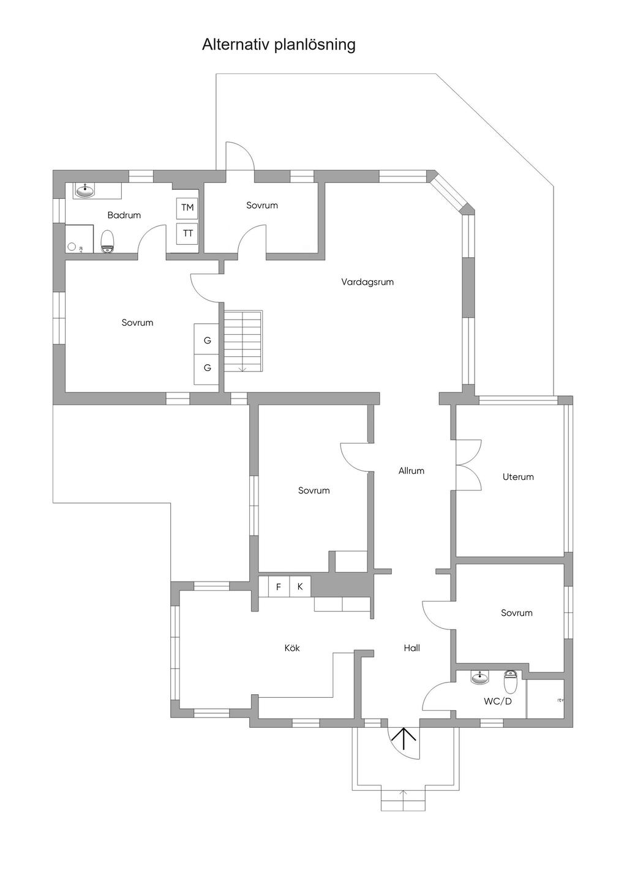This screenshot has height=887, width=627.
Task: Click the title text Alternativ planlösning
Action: pos(279,45)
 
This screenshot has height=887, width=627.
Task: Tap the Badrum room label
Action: pos(124,215)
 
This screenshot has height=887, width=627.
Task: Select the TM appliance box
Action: pos(187,208)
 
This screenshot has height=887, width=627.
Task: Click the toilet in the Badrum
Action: pos(107,242)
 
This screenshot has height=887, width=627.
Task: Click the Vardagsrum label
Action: pos(367,282)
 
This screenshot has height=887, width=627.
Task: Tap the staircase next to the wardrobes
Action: pos(243,341)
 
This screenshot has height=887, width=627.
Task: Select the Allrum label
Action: pos(411,470)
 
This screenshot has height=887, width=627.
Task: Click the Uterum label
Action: pos(518,477)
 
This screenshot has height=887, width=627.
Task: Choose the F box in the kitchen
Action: pos(279,586)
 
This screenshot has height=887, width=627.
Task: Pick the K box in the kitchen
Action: pos(300,586)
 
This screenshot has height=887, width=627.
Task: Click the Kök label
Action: pos(292,648)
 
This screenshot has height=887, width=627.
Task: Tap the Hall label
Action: pos(412,648)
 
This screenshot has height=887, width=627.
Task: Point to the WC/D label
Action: pos(497,702)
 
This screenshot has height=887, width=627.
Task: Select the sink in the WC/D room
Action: pos(481,677)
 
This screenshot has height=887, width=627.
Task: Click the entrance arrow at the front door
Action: pos(404,738)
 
